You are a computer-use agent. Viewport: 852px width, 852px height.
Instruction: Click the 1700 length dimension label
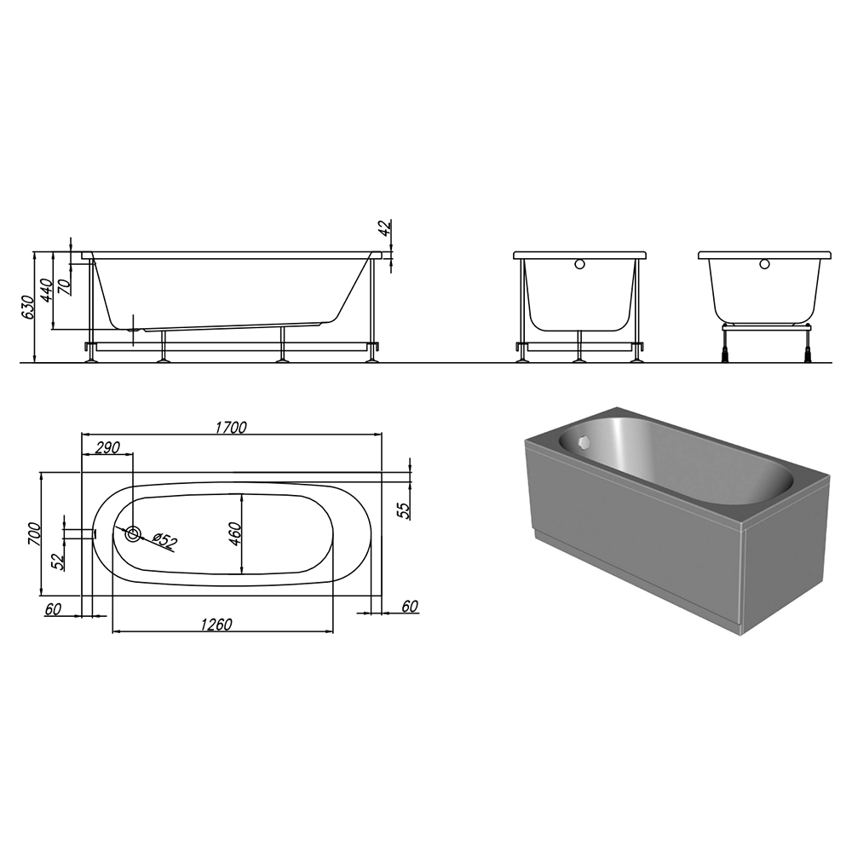(230, 428)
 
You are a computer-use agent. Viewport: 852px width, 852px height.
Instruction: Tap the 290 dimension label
(107, 448)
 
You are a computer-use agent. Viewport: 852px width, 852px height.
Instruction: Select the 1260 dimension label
(216, 625)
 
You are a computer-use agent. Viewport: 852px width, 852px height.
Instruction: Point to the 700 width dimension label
(34, 533)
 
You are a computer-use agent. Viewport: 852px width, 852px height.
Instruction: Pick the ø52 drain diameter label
(165, 541)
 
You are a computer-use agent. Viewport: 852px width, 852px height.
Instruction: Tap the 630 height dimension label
(27, 307)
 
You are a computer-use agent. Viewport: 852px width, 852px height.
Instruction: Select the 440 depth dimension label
(46, 290)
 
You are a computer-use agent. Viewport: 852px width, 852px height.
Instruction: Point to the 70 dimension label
(65, 286)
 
